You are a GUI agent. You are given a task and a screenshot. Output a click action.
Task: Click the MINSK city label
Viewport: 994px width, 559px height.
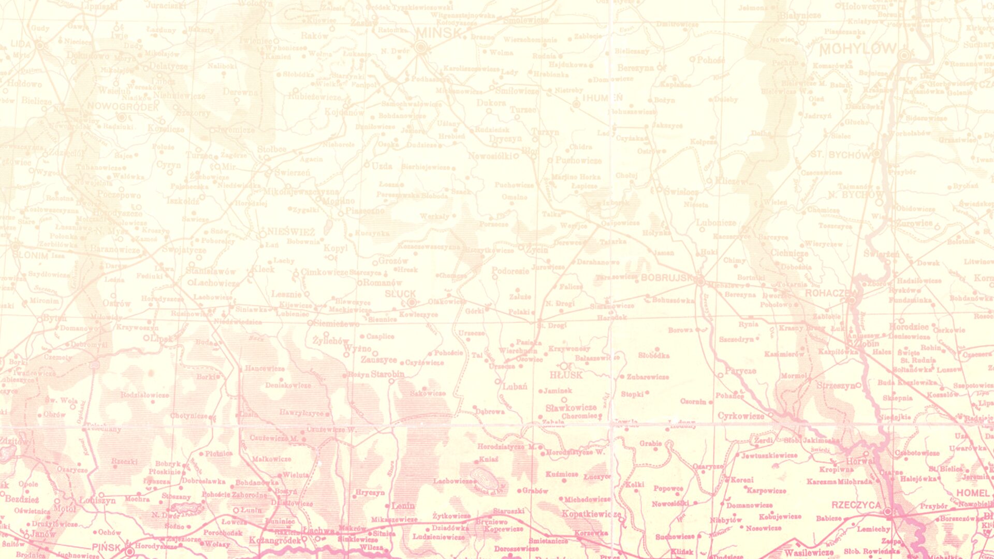pyautogui.click(x=438, y=34)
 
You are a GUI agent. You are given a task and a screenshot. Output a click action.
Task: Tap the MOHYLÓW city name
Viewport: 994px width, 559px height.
pyautogui.click(x=858, y=49)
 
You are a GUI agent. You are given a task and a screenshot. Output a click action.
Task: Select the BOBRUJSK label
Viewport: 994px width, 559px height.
pyautogui.click(x=666, y=278)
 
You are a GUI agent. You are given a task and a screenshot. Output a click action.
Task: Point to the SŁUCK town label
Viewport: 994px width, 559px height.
pyautogui.click(x=400, y=294)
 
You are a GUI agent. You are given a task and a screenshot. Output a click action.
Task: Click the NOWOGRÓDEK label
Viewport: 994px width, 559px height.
pyautogui.click(x=123, y=107)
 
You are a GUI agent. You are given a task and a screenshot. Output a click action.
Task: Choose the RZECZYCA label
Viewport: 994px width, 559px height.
pyautogui.click(x=856, y=505)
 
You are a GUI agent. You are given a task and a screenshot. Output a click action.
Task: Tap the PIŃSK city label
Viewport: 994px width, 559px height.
pyautogui.click(x=106, y=547)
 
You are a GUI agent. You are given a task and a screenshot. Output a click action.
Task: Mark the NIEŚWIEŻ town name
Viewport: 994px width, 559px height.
pyautogui.click(x=290, y=232)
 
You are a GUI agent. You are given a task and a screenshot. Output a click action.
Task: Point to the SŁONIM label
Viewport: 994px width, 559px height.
pyautogui.click(x=30, y=256)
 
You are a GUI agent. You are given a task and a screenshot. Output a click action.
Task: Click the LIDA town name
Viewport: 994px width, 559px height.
pyautogui.click(x=21, y=45)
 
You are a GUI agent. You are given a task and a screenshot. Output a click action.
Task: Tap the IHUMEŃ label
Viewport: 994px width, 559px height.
pyautogui.click(x=603, y=98)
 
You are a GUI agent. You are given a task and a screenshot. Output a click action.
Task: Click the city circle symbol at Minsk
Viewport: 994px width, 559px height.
pyautogui.click(x=421, y=48)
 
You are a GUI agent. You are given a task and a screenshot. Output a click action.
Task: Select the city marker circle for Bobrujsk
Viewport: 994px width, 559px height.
pyautogui.click(x=700, y=282)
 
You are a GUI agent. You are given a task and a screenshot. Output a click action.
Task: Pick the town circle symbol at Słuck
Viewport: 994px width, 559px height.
pyautogui.click(x=412, y=302)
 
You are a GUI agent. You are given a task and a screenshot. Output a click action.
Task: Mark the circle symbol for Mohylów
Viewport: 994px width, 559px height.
pyautogui.click(x=904, y=55)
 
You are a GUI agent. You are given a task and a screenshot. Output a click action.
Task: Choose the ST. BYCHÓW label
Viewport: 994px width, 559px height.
pyautogui.click(x=840, y=155)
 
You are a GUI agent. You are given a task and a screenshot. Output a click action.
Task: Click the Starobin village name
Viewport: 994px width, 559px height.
pyautogui.click(x=387, y=374)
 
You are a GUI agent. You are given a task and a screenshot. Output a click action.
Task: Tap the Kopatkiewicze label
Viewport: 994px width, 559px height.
pyautogui.click(x=591, y=514)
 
